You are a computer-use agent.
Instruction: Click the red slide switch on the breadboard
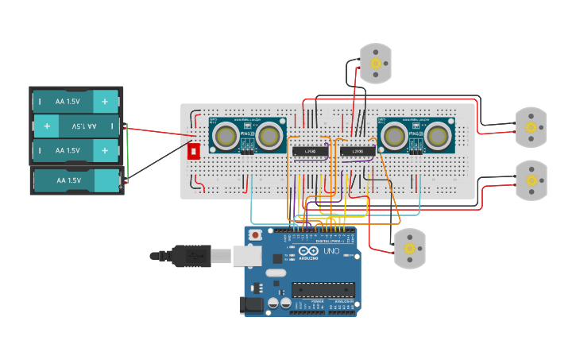pos(194,151)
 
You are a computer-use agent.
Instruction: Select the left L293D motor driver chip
pos(310,151)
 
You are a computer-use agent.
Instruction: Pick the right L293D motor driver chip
pos(358,151)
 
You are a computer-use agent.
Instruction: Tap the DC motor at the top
pos(376,64)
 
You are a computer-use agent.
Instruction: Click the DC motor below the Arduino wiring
pos(410,249)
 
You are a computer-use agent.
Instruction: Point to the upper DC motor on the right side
pos(531,127)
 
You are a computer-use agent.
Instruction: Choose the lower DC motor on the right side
pos(531,180)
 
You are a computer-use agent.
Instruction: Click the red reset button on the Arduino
pos(255,235)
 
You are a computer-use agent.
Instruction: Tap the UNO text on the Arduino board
pos(330,252)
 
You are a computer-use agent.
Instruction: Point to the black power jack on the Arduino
pos(252,304)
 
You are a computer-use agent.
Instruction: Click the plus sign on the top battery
pos(104,102)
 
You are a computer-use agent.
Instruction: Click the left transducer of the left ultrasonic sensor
pos(226,137)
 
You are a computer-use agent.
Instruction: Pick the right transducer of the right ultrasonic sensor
pos(437,137)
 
